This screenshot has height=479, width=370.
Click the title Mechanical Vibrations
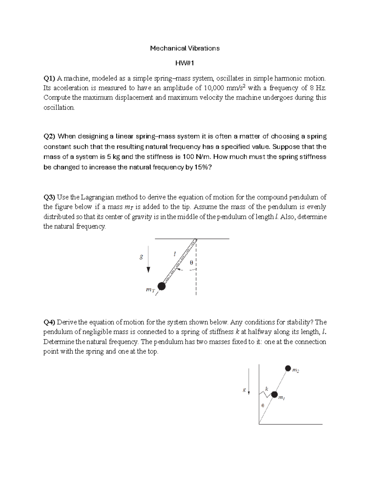click(x=185, y=48)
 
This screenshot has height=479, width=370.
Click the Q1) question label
click(x=49, y=78)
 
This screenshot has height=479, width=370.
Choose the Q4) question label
click(x=49, y=322)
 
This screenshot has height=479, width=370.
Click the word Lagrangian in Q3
click(x=96, y=197)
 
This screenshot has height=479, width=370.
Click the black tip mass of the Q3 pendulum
click(x=161, y=286)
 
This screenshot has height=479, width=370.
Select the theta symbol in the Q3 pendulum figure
click(x=191, y=263)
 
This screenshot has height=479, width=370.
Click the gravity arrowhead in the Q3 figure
click(x=148, y=270)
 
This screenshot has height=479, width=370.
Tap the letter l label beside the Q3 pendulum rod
click(x=175, y=254)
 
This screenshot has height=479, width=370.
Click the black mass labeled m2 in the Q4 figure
click(x=288, y=368)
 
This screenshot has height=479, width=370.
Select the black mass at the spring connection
click(x=274, y=394)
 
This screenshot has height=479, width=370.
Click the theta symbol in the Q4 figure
click(x=262, y=406)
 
